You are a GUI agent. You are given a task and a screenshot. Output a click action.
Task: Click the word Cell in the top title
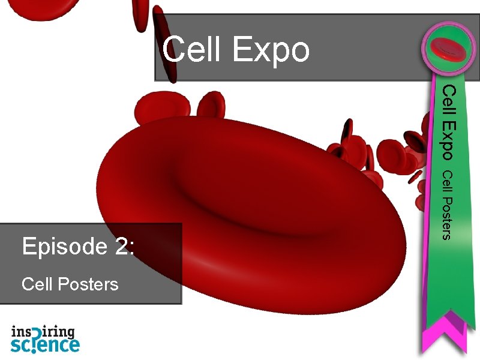click(193, 50)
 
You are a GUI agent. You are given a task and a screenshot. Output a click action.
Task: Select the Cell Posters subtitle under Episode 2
click(70, 283)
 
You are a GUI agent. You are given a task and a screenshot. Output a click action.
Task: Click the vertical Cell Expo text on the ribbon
click(451, 122)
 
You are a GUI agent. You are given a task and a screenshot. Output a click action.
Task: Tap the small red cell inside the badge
click(449, 48)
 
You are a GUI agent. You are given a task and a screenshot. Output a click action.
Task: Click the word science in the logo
click(45, 345)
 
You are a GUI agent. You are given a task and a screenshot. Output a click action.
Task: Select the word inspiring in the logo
click(43, 332)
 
